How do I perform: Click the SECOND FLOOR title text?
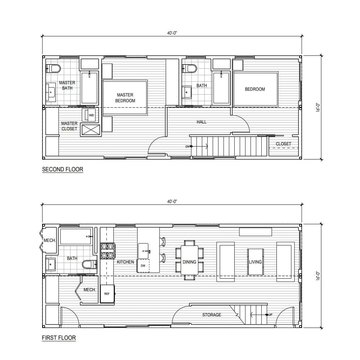tap(63, 169)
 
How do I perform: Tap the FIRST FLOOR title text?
tap(59, 338)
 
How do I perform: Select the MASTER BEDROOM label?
tap(125, 98)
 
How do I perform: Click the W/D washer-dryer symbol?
tap(90, 115)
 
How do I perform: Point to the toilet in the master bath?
tap(53, 68)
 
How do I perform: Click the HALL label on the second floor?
tap(202, 122)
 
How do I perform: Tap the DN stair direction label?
tap(188, 147)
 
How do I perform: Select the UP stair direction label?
tap(270, 315)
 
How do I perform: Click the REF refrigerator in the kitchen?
tap(107, 294)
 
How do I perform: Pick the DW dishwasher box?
tap(143, 266)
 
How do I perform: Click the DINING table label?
tap(189, 262)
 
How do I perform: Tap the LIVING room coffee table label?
tap(255, 262)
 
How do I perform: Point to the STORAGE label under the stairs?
tap(212, 315)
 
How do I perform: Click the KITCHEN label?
tap(125, 262)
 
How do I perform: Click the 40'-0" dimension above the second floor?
tap(172, 33)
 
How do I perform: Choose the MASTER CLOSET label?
tap(69, 126)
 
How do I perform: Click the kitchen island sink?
tap(143, 248)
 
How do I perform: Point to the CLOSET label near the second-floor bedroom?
tap(283, 144)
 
